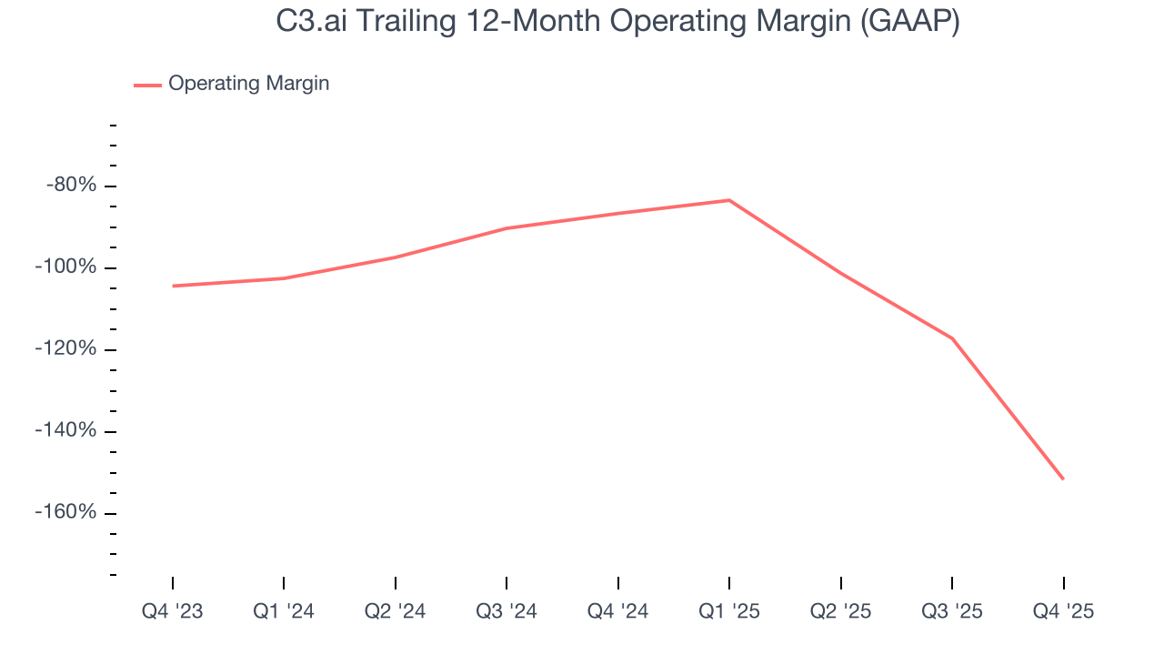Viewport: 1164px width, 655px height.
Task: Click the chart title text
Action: point(618,22)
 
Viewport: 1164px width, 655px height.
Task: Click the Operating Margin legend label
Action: point(248,84)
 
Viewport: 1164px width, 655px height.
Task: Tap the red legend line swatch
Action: point(147,85)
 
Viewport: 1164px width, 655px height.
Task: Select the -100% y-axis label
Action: point(65,267)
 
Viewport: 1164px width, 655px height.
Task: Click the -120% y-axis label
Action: point(65,349)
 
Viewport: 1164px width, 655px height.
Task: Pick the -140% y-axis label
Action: point(65,430)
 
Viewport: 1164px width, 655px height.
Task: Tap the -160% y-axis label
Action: point(65,512)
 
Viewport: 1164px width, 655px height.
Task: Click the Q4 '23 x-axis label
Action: point(173,611)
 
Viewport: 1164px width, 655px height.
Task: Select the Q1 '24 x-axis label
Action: point(284,611)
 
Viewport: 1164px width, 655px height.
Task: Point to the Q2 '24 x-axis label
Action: point(396,611)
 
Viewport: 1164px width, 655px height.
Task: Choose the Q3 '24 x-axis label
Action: point(507,611)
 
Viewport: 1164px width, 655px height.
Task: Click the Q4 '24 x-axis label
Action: point(618,611)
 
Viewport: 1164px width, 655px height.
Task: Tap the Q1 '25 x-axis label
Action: point(729,611)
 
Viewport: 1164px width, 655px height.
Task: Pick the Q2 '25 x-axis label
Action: point(841,611)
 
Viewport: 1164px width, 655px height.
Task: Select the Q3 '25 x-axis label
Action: point(952,611)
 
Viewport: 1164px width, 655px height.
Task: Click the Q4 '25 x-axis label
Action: point(1064,611)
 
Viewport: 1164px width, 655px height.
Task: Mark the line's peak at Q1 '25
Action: point(729,200)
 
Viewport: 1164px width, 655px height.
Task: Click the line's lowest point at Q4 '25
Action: point(1063,479)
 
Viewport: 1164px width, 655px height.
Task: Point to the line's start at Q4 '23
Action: point(173,286)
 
